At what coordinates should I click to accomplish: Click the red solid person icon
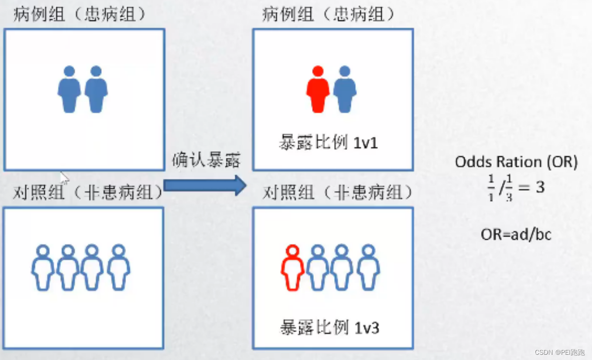click(318, 89)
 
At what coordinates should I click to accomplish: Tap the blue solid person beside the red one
click(345, 89)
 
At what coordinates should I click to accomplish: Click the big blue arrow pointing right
click(204, 185)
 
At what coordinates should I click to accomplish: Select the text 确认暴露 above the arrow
click(206, 160)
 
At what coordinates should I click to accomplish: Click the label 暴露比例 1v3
click(330, 328)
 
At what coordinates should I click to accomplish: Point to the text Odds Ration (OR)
click(516, 162)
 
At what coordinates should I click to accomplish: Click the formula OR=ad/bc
click(516, 234)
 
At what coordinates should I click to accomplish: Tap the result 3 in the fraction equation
click(540, 187)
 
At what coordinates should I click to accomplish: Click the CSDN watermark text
click(560, 352)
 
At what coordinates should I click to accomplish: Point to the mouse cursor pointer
click(64, 177)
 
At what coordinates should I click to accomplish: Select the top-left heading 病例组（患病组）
click(79, 15)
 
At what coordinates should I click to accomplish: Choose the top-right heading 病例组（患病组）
click(328, 15)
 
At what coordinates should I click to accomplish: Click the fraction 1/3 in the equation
click(509, 188)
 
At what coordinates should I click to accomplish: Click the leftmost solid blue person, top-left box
click(69, 89)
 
